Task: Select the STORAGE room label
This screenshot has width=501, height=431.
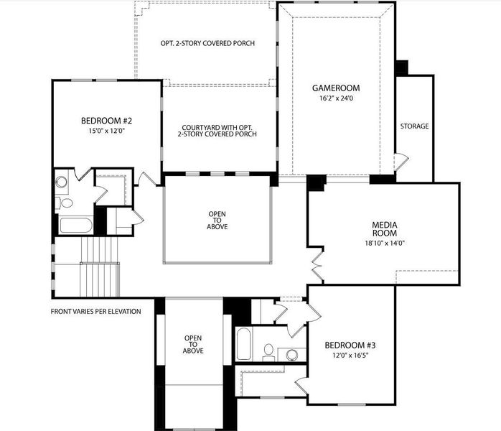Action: (x=414, y=126)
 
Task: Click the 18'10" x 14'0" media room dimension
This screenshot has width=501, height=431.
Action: (x=385, y=243)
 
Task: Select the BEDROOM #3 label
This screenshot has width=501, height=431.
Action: (x=350, y=345)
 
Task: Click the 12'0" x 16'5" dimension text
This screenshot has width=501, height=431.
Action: (x=350, y=355)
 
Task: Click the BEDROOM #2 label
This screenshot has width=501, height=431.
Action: (x=106, y=121)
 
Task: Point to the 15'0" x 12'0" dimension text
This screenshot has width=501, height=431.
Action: (x=106, y=131)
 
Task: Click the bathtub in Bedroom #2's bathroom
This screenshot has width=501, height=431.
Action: (x=75, y=225)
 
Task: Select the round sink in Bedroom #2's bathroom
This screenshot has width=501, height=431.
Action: (x=62, y=182)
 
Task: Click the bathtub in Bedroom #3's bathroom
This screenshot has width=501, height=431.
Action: (x=243, y=345)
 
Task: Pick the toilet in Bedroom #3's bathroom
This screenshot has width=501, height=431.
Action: (x=269, y=351)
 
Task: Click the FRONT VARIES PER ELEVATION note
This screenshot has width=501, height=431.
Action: (x=95, y=311)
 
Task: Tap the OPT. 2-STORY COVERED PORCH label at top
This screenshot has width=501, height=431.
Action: (x=207, y=43)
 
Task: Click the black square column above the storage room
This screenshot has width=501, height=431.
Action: (x=401, y=68)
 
